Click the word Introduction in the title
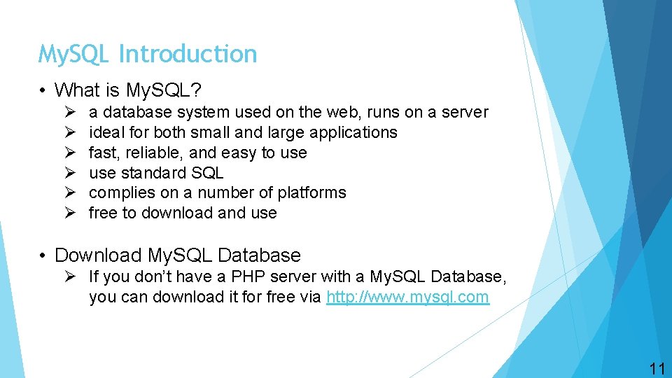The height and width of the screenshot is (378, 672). (188, 54)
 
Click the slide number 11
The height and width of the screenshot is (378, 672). (657, 370)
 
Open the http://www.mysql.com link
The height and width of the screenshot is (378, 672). (408, 297)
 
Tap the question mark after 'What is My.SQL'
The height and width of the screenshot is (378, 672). (197, 90)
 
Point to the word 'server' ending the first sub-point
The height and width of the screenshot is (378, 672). (465, 112)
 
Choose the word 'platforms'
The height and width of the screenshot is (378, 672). (311, 192)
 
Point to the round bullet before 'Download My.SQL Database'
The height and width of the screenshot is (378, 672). (44, 256)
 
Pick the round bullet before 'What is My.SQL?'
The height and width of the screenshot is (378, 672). (44, 91)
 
